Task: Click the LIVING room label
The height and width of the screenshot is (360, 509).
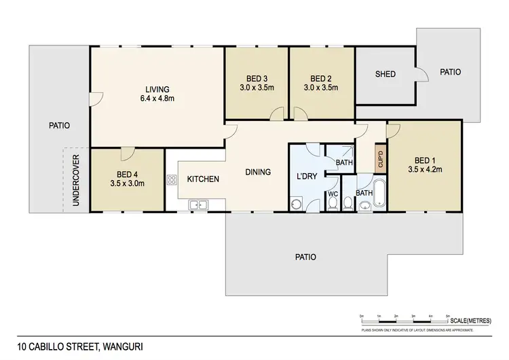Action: [157, 89]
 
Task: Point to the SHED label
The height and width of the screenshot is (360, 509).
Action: [385, 74]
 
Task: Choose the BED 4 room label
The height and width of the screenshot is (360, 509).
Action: [127, 173]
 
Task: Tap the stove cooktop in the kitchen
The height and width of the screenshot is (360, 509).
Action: [170, 180]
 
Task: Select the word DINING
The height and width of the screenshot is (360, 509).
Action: [258, 172]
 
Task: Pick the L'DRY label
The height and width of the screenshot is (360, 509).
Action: [307, 177]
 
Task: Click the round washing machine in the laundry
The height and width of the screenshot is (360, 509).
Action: [296, 202]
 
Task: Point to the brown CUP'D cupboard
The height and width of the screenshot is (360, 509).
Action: [381, 159]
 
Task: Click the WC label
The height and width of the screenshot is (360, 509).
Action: [333, 194]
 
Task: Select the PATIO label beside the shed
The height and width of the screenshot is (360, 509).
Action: [450, 71]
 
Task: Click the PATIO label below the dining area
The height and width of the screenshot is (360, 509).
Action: [305, 257]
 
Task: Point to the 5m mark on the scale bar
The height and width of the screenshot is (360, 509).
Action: [447, 316]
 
